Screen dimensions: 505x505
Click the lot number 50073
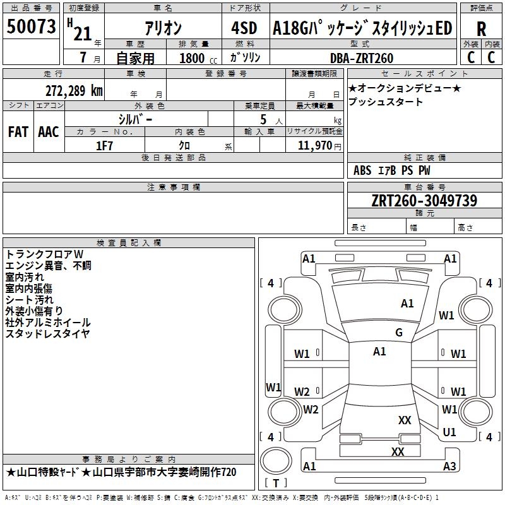coord(31,26)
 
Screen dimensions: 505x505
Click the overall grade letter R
coord(481,29)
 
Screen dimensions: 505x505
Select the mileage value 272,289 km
coord(74,91)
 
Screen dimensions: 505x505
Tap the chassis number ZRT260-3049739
coord(424,200)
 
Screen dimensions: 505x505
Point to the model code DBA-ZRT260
coord(362,58)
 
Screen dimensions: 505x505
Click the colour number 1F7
coord(104,146)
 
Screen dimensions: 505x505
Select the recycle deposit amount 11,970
coord(314,146)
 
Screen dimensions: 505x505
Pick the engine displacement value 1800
coord(192,58)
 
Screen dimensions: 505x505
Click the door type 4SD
coord(244,28)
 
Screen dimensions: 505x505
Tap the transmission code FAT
coord(18,132)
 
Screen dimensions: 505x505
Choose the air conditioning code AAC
coord(49,132)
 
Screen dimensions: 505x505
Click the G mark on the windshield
coord(399,333)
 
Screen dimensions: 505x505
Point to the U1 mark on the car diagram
coord(449,432)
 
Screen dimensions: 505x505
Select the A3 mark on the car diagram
coord(449,466)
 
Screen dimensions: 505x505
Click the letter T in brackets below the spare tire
coord(276,483)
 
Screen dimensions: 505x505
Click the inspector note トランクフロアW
coord(44,254)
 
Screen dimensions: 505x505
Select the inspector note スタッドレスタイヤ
coord(47,334)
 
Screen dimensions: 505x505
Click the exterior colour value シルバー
coord(135,119)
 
